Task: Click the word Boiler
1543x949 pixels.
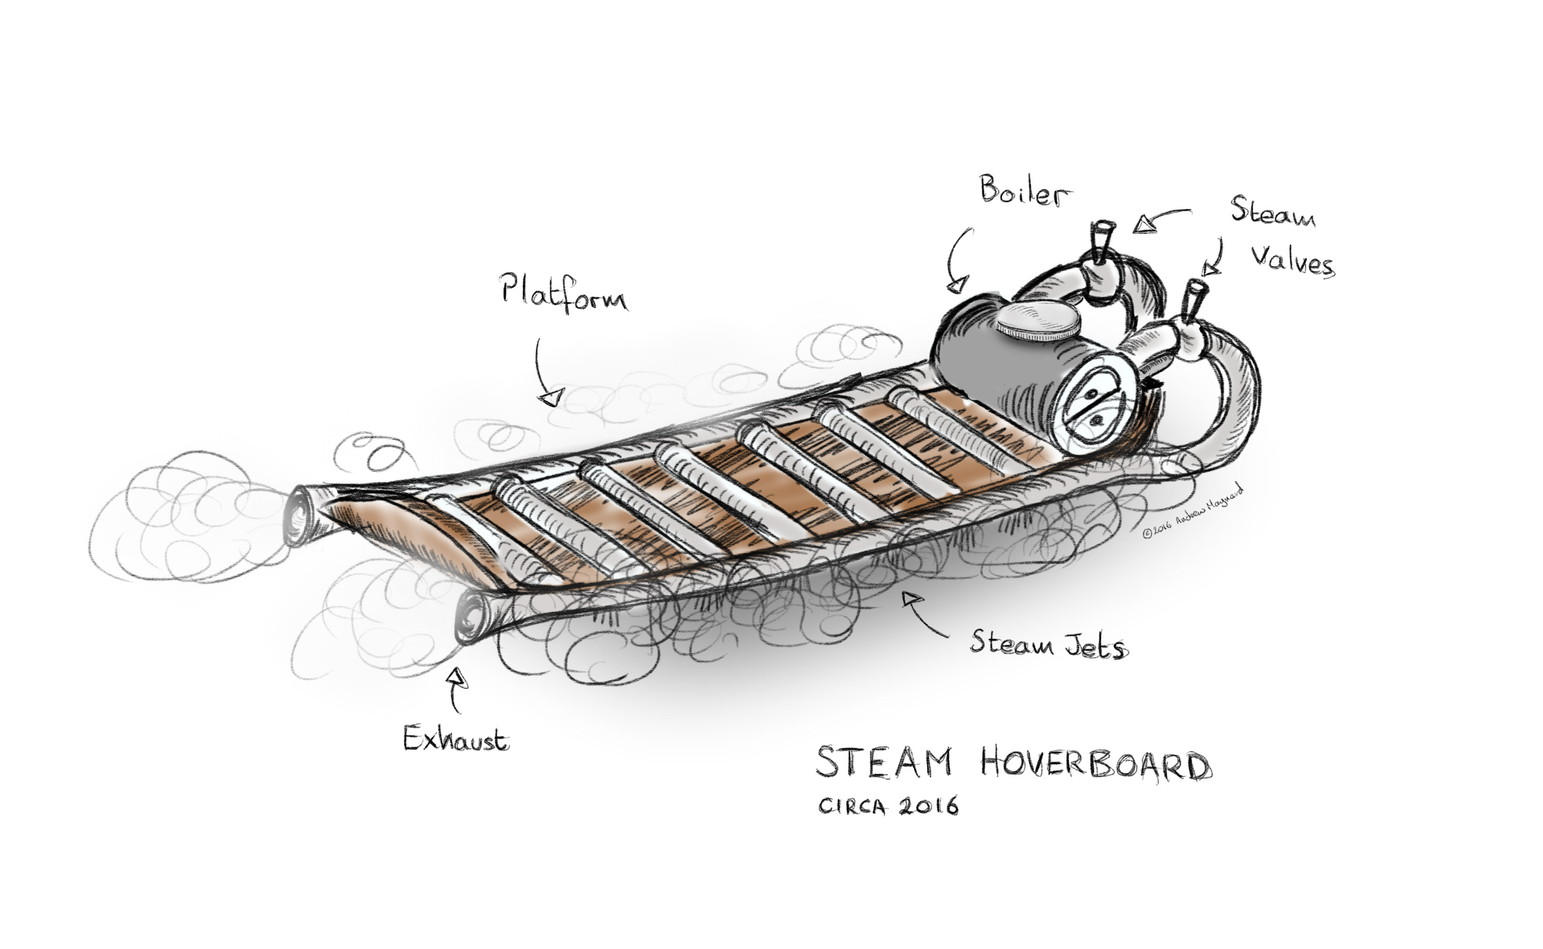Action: click(1025, 190)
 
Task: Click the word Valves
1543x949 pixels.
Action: click(1292, 260)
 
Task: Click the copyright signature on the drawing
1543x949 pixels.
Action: click(1193, 510)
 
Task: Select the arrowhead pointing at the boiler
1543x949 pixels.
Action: click(958, 286)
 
